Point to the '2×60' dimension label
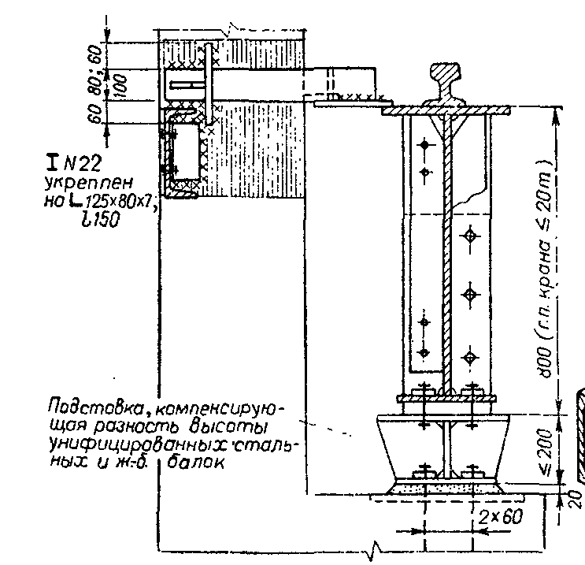coord(500,517)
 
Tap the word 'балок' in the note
coord(197,463)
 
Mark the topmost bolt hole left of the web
coord(425,145)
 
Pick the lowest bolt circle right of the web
coord(471,359)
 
